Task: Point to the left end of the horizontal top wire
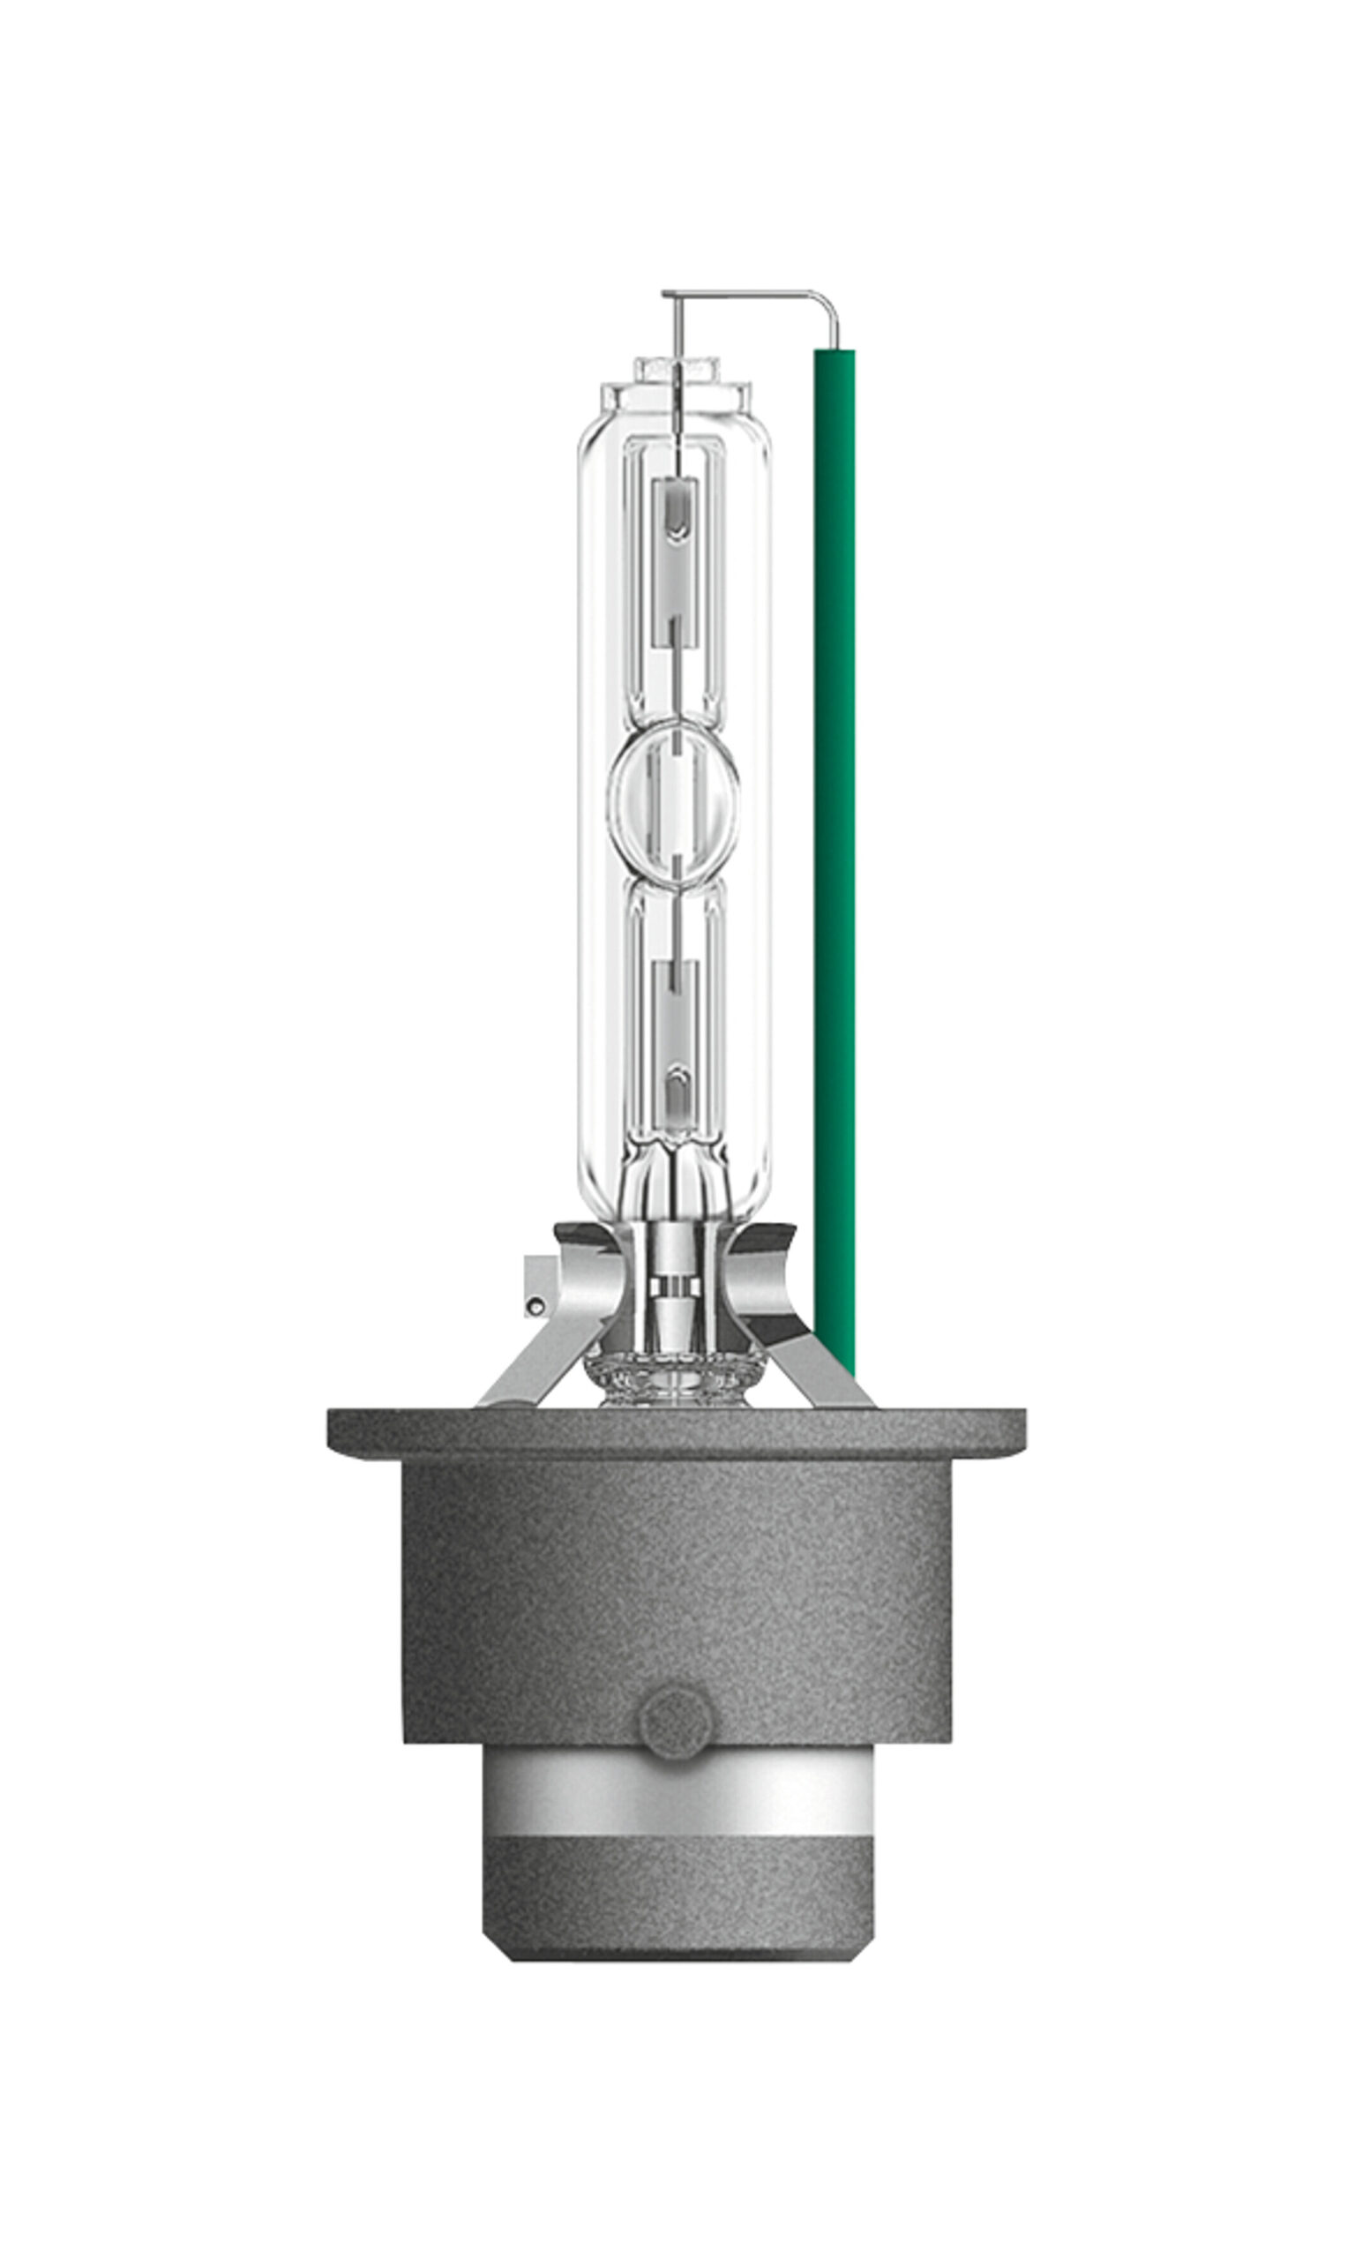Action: [x=667, y=294]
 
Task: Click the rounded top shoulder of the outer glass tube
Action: [x=676, y=424]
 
